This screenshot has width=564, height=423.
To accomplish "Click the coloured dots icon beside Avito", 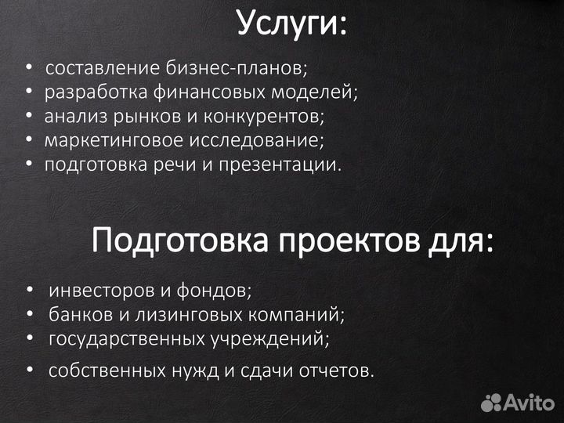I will (491, 403).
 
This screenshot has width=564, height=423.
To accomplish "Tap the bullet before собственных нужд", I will (29, 370).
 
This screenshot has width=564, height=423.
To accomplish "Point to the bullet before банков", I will (29, 315).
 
